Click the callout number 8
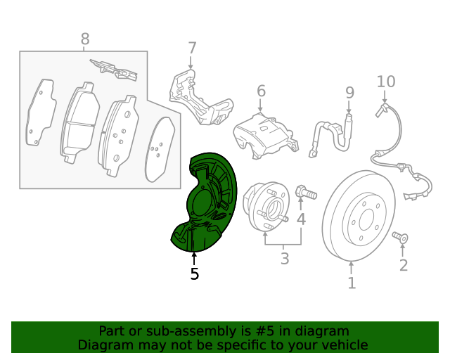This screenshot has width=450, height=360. [x=85, y=39]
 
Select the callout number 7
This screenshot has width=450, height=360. [x=192, y=49]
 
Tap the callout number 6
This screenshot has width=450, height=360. [x=261, y=91]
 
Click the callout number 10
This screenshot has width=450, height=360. [x=386, y=82]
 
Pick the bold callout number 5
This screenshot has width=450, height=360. [x=195, y=274]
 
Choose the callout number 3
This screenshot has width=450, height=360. [x=284, y=259]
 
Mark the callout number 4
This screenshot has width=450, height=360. [x=301, y=219]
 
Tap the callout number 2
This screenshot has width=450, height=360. [x=403, y=265]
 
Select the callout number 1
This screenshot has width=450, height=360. [x=352, y=283]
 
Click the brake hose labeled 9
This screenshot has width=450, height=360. [x=330, y=134]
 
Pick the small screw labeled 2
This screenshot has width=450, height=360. [x=401, y=238]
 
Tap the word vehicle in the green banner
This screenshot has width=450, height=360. [x=345, y=345]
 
